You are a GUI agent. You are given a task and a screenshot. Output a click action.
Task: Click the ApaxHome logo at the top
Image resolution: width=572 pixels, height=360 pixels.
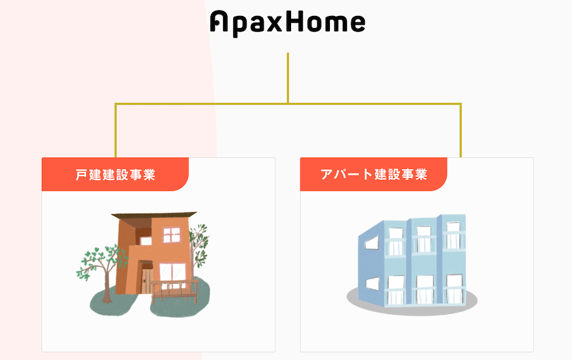point(287,23)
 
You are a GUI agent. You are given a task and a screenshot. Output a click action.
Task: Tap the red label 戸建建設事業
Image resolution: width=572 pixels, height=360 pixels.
point(115,174)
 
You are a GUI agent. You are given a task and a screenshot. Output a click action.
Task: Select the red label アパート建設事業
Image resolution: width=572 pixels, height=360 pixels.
point(374,174)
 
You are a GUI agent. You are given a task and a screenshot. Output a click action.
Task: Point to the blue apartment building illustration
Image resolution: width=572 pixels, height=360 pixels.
point(412,260)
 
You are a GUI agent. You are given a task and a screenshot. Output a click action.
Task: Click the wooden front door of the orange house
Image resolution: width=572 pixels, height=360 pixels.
point(147,280)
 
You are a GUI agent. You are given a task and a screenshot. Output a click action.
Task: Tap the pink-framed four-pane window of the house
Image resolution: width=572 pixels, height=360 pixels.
point(172,235)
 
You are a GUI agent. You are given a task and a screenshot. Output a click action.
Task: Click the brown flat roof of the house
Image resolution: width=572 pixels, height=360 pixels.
point(154,216)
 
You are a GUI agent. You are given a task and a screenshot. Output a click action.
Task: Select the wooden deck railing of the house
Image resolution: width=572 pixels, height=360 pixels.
point(174,289)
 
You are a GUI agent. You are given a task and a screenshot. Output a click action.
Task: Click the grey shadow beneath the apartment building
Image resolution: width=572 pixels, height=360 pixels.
point(412,302)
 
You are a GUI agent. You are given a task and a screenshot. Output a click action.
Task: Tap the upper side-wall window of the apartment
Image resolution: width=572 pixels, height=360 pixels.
point(372,242)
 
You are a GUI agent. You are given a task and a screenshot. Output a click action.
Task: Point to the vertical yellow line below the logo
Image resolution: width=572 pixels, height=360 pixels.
point(288,78)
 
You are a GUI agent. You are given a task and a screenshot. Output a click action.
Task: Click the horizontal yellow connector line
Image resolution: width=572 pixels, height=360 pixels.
point(288,104)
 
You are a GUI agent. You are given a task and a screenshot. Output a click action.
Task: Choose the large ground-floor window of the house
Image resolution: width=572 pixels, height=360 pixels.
point(172,272)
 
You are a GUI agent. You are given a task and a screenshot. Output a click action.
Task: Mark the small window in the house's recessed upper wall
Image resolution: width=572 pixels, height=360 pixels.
point(146,241)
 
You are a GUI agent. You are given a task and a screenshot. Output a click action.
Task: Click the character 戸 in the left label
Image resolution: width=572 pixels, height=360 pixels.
point(81,174)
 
